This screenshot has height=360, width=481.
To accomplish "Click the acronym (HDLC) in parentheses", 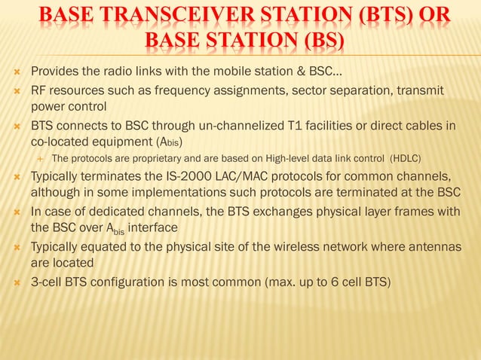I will coord(405,159).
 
